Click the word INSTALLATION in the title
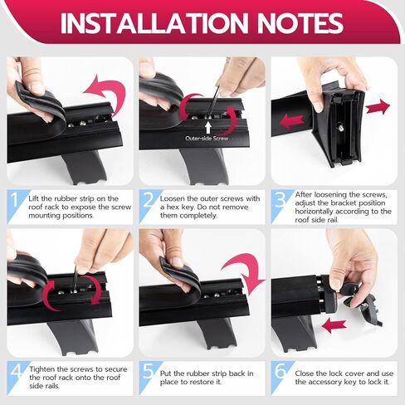[154, 23]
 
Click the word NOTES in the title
[300, 23]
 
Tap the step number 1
[14, 201]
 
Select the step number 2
[149, 200]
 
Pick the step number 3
[281, 200]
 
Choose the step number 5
[149, 372]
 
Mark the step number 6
[281, 371]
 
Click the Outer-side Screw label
[207, 139]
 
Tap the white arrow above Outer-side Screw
[208, 128]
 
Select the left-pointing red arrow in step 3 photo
[291, 121]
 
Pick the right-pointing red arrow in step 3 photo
[378, 106]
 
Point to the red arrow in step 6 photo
[334, 326]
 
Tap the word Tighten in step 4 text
[43, 369]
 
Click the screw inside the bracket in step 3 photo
[341, 128]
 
